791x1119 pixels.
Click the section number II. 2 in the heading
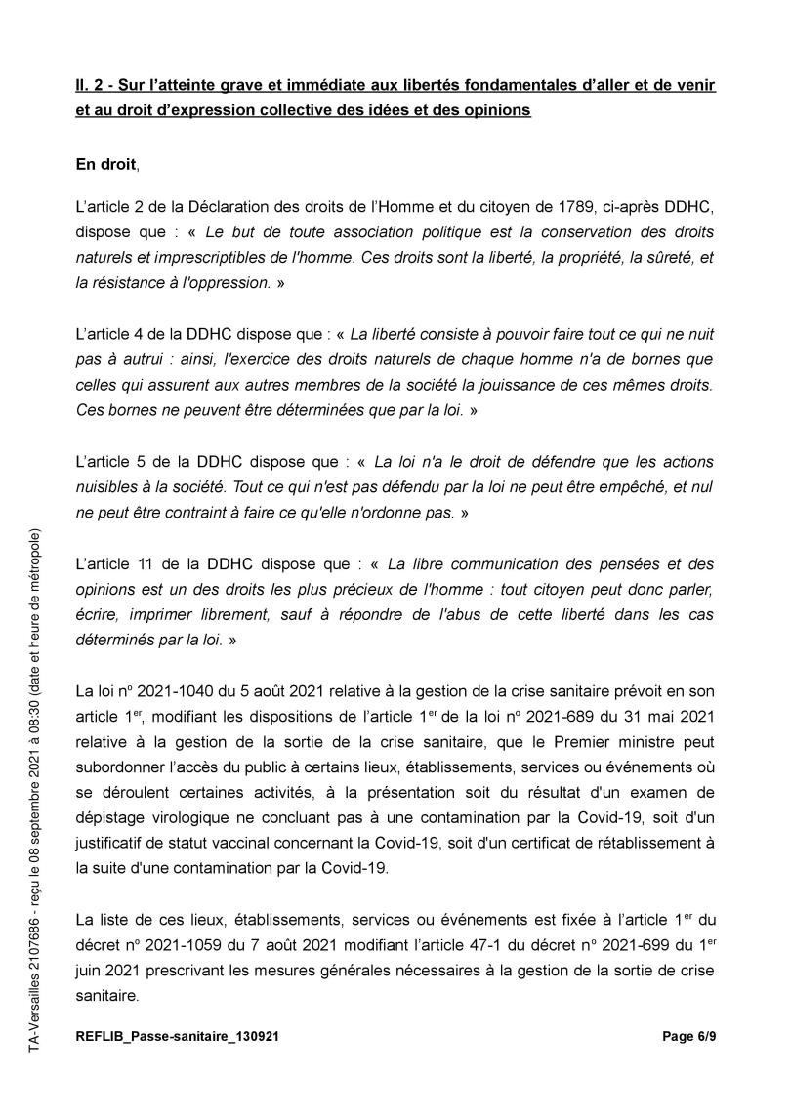(x=91, y=86)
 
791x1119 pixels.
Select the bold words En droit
(x=106, y=165)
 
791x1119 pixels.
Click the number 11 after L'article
(x=137, y=563)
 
